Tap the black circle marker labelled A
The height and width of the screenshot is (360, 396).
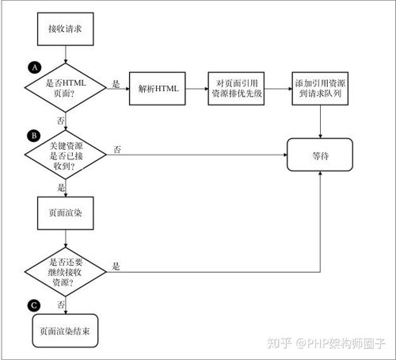pos(33,69)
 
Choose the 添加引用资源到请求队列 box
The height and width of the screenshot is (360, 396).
pos(319,90)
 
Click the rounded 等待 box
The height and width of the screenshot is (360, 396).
pos(320,154)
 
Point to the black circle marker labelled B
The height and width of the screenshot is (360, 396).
pos(33,136)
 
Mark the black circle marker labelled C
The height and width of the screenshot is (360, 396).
pos(33,304)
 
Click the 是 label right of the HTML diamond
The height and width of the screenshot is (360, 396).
pos(116,83)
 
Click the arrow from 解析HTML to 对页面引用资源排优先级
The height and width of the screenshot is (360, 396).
pos(196,90)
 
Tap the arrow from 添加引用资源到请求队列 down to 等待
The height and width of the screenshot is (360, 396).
pos(320,120)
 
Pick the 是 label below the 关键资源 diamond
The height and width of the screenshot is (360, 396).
pos(61,186)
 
